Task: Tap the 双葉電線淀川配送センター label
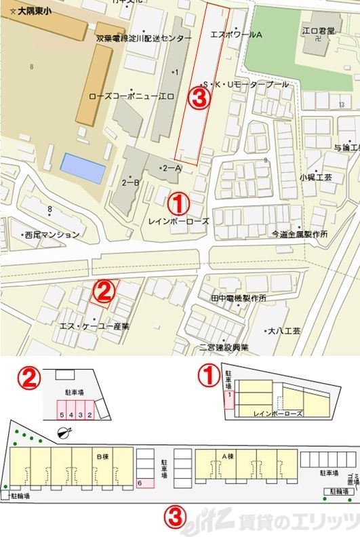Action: tap(144, 39)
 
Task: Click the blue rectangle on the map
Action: tap(83, 167)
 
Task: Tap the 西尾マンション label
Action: tap(52, 235)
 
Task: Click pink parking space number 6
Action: tap(139, 483)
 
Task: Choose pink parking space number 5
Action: tap(62, 414)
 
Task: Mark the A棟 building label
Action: tap(228, 456)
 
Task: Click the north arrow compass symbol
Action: tap(66, 433)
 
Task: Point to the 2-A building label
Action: tap(171, 167)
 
